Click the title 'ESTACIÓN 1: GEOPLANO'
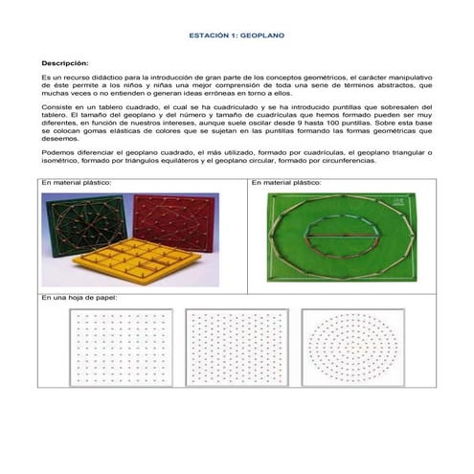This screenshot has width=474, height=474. pos(237,34)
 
